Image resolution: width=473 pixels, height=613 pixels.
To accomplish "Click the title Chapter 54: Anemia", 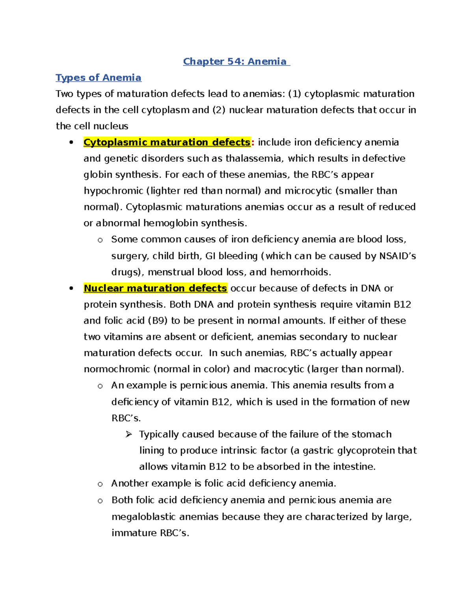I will pos(236,62).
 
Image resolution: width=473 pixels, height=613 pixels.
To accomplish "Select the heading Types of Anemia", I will pos(99,78).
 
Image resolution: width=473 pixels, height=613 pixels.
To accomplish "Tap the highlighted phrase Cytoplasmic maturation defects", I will pos(167,142).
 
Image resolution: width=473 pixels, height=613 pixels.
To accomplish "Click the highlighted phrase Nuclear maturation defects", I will pos(155,288).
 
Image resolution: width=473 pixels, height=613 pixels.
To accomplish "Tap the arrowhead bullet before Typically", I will pos(128,435).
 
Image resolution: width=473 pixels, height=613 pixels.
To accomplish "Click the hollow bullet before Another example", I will pos(100,484).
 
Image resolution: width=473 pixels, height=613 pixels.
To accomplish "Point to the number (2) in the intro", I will pos(219,110).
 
